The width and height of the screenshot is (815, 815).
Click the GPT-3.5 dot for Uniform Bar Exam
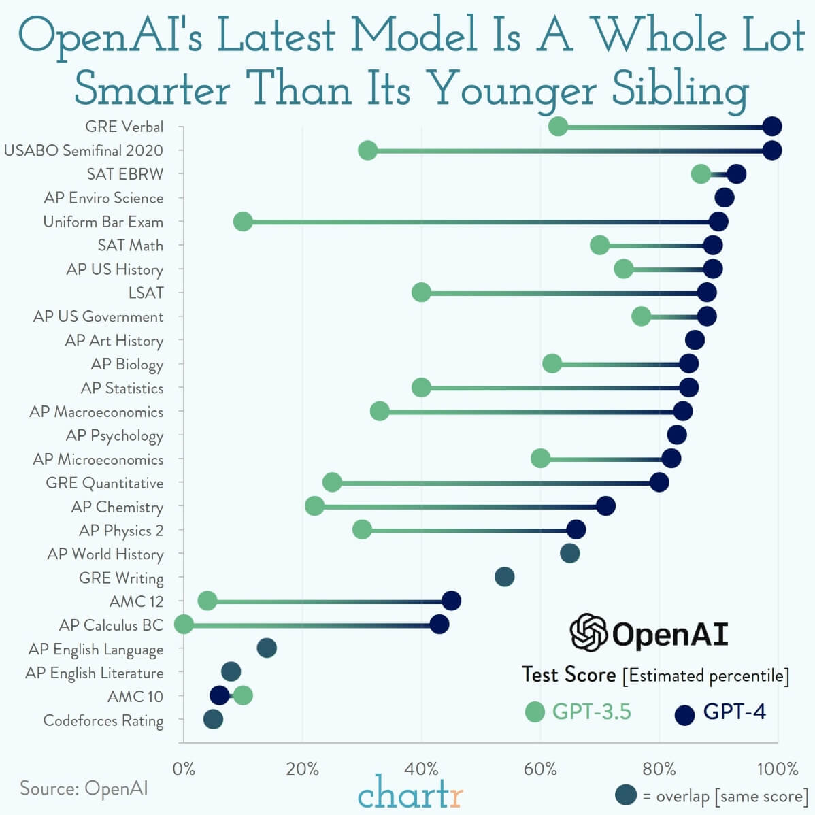click(x=243, y=222)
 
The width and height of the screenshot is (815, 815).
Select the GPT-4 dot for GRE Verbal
click(x=771, y=127)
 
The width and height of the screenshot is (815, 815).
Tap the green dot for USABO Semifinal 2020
click(x=367, y=150)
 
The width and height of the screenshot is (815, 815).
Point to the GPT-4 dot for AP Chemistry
click(x=605, y=506)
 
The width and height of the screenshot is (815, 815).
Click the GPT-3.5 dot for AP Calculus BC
click(x=184, y=625)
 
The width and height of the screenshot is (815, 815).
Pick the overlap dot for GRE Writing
click(x=504, y=578)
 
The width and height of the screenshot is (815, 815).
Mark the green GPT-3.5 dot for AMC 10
click(x=243, y=696)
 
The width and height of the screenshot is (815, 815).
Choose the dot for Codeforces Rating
click(x=213, y=720)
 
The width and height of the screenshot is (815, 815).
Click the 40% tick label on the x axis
click(x=421, y=769)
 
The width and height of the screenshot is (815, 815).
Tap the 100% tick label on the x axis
click(x=778, y=769)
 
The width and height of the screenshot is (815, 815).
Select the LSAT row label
click(x=146, y=293)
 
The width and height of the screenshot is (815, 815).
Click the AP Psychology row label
click(x=114, y=435)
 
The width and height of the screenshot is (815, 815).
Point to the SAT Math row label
click(x=131, y=246)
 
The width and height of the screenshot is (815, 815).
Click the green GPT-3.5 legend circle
click(x=535, y=712)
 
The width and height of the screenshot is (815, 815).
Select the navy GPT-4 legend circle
click(x=684, y=714)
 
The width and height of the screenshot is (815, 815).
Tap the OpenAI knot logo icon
click(x=588, y=633)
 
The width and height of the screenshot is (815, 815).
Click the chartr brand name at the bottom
click(x=410, y=793)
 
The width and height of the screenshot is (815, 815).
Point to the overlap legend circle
click(x=625, y=795)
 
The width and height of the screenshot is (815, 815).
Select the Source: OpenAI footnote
click(x=84, y=788)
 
